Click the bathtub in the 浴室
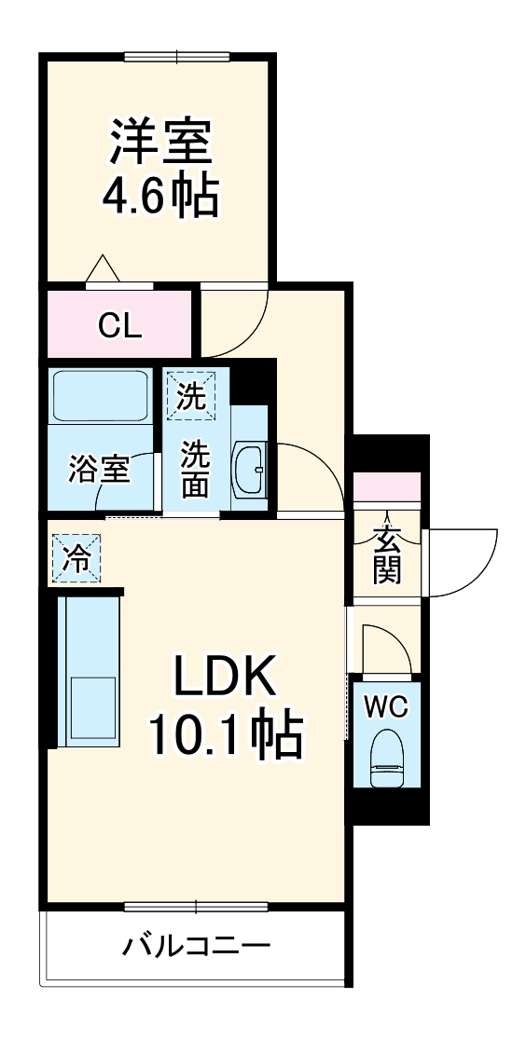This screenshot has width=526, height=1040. coord(101,395)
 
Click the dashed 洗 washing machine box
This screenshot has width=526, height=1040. coord(190,395)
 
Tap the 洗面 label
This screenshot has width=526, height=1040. coord(194,469)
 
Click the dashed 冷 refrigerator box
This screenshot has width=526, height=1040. coord(75,558)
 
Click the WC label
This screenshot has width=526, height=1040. coord(385,707)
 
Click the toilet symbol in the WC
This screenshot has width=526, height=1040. coord(386,760)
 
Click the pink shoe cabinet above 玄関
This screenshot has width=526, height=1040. coord(386,486)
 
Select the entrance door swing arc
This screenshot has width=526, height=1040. coord(466,559)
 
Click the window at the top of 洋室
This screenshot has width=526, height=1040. coord(177,55)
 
